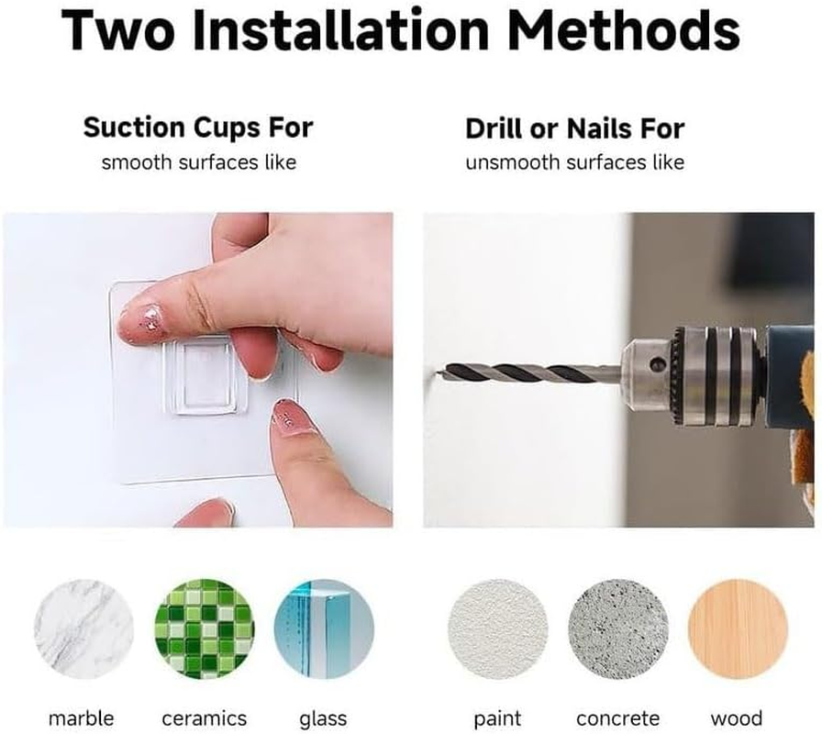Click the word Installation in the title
341,29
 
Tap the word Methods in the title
624,29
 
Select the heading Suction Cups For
198,128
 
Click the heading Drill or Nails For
575,129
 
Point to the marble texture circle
83,629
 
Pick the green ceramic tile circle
205,629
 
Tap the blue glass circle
324,629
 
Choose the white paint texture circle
498,629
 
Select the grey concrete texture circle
618,629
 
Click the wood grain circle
738,629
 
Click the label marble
82,717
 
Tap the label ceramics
205,718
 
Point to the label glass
323,718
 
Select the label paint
497,718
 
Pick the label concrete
618,718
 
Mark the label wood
737,717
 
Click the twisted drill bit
529,373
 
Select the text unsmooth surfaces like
575,162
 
